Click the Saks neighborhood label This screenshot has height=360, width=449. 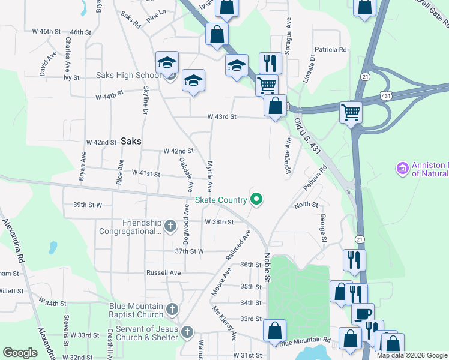tap(131, 141)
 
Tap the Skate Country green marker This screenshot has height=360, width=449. tap(257, 199)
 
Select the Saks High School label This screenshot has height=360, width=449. tap(128, 76)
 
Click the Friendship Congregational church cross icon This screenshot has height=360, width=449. tap(170, 227)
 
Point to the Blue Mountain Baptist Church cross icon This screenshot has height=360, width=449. tap(172, 310)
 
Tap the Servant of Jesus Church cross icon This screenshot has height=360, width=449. tap(187, 332)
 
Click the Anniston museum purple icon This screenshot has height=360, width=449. tap(402, 169)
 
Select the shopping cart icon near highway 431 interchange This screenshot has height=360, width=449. tap(351, 112)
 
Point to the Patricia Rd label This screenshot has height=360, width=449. tap(331, 50)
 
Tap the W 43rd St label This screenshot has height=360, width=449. tap(222, 116)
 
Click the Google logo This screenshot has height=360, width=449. tap(20, 353)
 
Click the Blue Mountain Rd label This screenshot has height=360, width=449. tap(305, 342)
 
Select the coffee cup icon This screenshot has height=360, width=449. tap(363, 314)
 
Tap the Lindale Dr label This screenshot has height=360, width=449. tap(310, 71)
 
